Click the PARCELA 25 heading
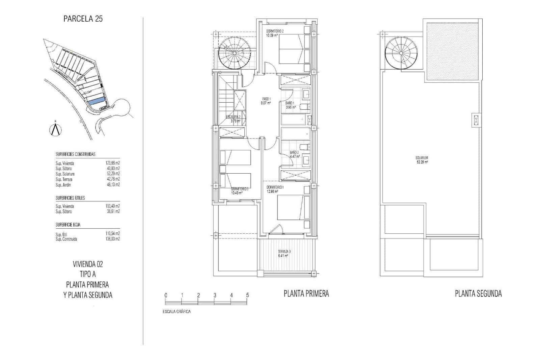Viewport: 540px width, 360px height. tap(83, 19)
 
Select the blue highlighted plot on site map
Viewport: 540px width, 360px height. tap(96, 101)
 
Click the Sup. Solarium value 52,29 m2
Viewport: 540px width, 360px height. tap(113, 174)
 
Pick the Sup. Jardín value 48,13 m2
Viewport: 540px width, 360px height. tap(113, 185)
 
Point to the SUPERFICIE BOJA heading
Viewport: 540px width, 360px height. tap(68, 225)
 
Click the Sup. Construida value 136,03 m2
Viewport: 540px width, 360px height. tap(113, 239)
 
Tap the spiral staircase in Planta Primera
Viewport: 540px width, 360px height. tap(235, 53)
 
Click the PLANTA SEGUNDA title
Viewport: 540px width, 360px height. tap(478, 294)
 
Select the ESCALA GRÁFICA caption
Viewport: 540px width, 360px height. tap(177, 311)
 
